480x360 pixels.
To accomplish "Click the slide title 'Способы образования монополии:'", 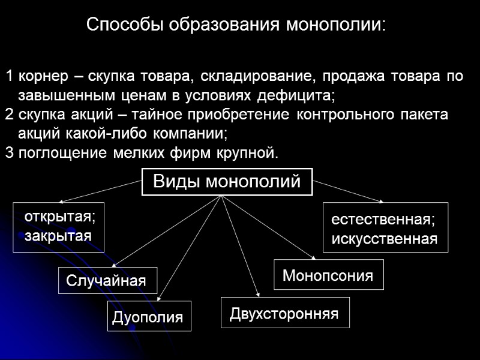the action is (x=236, y=25).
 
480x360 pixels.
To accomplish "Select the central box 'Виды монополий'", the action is (x=227, y=182).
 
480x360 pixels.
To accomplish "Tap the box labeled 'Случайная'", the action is (x=106, y=280).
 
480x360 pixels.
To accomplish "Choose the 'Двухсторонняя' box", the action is (x=284, y=313).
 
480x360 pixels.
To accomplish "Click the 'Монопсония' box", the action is (x=328, y=275).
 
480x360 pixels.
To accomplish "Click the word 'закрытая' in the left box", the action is (x=58, y=235).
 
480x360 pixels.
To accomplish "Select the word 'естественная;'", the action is (x=383, y=220).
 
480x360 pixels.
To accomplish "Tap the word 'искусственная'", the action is (x=385, y=239).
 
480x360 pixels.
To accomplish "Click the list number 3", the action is (x=8, y=152).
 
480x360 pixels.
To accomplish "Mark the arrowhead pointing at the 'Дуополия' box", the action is (x=158, y=297).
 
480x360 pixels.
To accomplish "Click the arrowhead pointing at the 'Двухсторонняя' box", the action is (x=258, y=293).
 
